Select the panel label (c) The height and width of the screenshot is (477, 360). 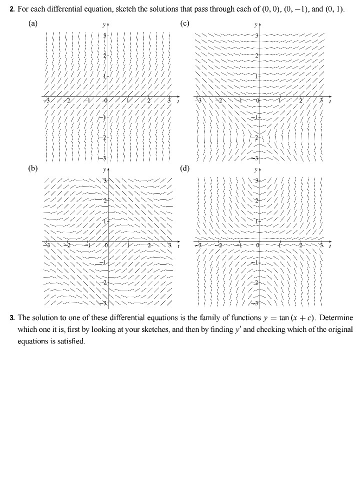184,23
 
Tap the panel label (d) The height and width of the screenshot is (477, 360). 184,168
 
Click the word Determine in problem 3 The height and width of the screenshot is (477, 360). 336,318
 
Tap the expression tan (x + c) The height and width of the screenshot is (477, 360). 290,318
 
